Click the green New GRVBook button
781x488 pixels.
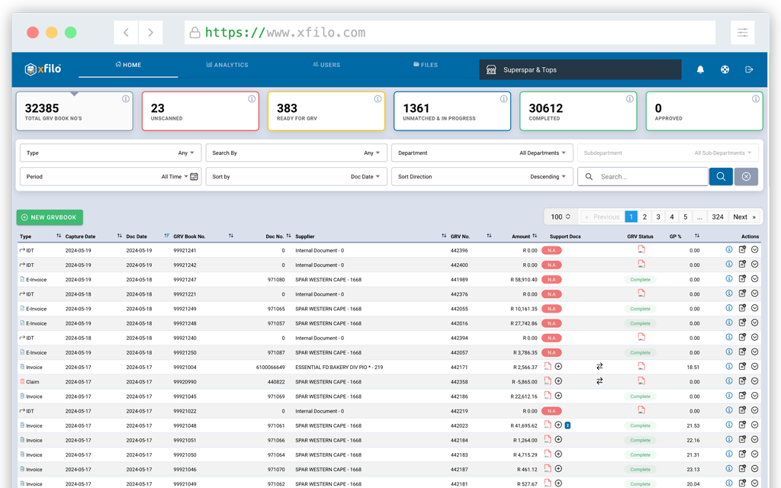coord(50,217)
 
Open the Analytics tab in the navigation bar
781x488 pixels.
coord(227,65)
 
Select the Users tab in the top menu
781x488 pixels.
coord(326,65)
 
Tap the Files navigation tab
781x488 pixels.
coord(426,65)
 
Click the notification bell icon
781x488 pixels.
coord(700,69)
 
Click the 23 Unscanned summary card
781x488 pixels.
coord(201,111)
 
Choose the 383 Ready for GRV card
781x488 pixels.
coord(326,111)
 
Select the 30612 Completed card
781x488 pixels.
coord(578,111)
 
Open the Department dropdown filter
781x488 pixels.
coord(482,152)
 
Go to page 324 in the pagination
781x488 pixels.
coord(718,217)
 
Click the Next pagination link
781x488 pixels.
coord(744,217)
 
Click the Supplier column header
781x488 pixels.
coord(305,236)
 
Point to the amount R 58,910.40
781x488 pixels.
coord(524,280)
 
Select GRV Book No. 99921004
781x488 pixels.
coord(185,368)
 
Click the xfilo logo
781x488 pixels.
coord(43,69)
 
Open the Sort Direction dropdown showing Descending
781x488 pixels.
coord(482,177)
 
